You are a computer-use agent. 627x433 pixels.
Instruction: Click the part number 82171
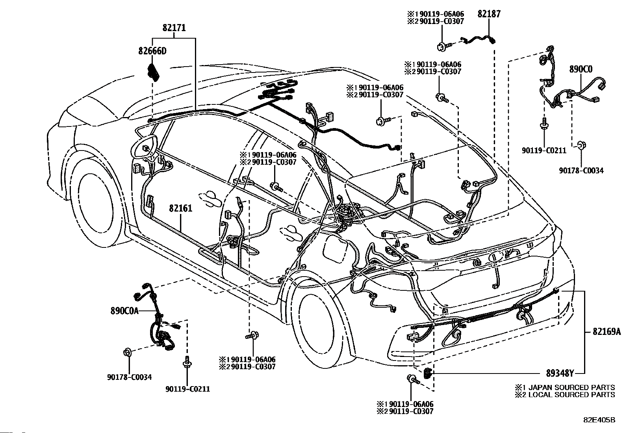(x=174, y=28)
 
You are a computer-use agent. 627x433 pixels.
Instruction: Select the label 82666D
(x=152, y=51)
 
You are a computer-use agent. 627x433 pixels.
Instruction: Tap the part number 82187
(x=489, y=14)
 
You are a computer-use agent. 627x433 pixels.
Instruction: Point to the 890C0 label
(x=581, y=69)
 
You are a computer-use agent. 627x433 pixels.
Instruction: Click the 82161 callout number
(x=180, y=208)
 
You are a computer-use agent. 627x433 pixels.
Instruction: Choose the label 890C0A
(x=124, y=311)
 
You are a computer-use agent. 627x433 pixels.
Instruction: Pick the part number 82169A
(x=607, y=332)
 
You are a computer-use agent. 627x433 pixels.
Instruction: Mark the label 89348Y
(x=560, y=374)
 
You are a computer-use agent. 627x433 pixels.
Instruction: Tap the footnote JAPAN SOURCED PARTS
(x=571, y=388)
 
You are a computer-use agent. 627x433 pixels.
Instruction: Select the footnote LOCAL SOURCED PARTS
(x=571, y=395)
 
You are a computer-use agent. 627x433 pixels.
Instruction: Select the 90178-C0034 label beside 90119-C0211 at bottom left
(x=129, y=377)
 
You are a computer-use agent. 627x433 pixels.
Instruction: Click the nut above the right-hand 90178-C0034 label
(x=581, y=145)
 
